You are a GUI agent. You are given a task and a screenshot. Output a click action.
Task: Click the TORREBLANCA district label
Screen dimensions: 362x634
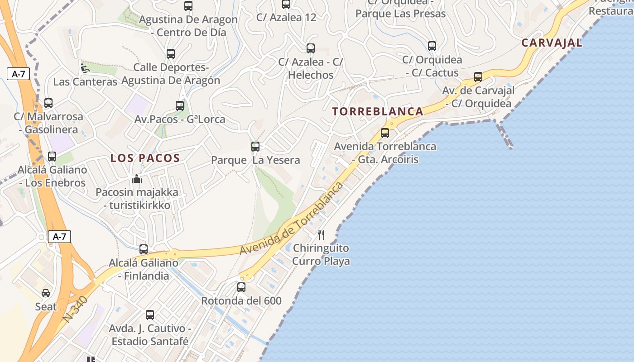click(378, 111)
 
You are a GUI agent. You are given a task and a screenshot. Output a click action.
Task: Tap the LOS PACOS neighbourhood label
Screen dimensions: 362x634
click(145, 158)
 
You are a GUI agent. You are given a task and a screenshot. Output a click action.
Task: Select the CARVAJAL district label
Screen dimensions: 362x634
click(552, 43)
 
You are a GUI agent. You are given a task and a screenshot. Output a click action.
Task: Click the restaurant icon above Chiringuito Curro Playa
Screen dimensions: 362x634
click(321, 234)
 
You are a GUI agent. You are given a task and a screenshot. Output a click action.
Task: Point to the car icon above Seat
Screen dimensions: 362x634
click(46, 293)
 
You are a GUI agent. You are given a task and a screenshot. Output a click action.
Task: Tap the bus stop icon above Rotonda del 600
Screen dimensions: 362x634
click(241, 287)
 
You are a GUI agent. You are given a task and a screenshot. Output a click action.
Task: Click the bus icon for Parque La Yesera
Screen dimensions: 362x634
click(255, 146)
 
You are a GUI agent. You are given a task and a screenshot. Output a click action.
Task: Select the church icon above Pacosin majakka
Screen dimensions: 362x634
click(137, 179)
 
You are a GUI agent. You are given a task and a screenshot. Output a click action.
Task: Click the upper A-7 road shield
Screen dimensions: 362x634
click(19, 74)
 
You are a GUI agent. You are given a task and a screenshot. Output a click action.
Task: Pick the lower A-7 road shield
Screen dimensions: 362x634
click(60, 236)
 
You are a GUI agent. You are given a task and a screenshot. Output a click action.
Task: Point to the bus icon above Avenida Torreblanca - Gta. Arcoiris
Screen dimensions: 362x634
click(385, 133)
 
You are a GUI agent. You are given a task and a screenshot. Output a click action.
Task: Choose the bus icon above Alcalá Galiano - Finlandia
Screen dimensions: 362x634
click(144, 249)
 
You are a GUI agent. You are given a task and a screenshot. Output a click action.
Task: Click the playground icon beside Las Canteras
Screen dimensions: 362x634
click(85, 68)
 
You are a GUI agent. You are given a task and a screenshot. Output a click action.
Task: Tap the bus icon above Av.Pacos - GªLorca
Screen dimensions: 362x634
click(180, 105)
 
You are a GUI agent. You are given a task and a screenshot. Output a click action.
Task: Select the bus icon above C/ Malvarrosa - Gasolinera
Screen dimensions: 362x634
click(48, 103)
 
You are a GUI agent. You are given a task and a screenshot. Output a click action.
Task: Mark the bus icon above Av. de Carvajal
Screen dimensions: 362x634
click(478, 76)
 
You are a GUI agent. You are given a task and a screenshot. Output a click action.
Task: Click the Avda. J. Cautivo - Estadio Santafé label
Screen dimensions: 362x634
click(150, 335)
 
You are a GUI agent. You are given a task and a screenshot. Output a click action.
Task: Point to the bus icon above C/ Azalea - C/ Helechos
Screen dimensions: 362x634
click(310, 48)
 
